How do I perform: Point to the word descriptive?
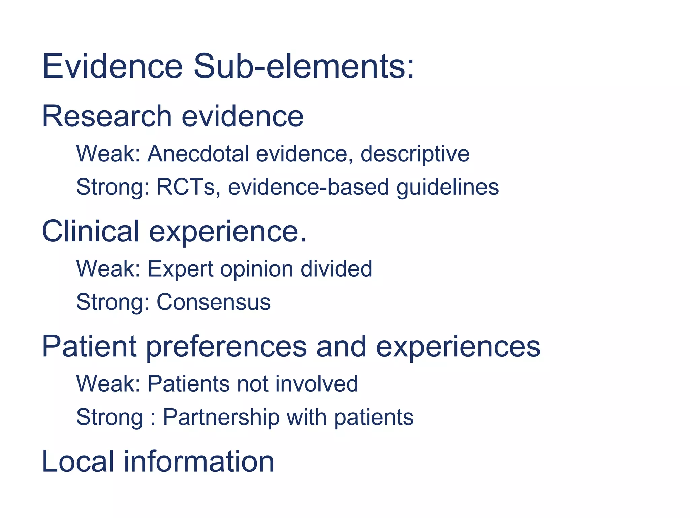tap(415, 154)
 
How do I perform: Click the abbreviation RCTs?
tap(186, 187)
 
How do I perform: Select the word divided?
tap(336, 269)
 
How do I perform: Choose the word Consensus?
tap(214, 302)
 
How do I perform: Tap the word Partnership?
tap(221, 417)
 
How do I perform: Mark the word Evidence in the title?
tap(112, 66)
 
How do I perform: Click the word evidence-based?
tap(309, 187)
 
